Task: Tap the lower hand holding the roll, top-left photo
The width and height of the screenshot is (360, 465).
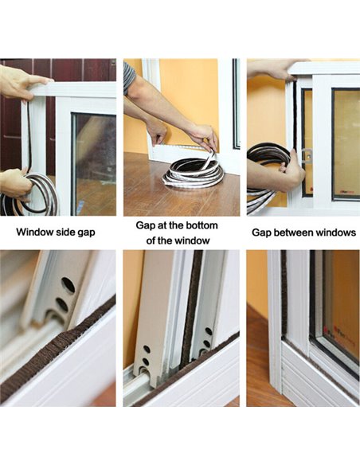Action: [14, 182]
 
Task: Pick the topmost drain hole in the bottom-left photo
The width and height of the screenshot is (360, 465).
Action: [68, 284]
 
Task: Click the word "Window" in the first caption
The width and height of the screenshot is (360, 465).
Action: [36, 233]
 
